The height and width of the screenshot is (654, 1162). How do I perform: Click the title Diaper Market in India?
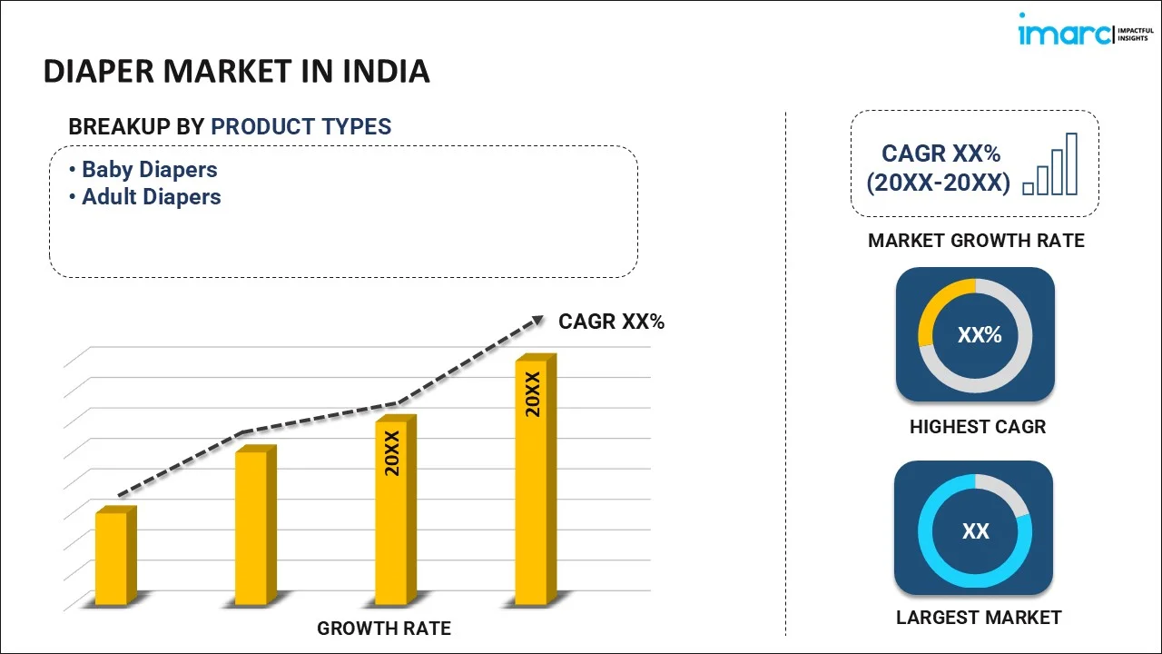tap(236, 71)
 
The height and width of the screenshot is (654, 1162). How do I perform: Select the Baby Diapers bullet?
tap(150, 169)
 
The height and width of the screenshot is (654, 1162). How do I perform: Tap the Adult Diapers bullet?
tap(152, 196)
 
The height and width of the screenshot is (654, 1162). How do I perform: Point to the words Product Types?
tap(300, 126)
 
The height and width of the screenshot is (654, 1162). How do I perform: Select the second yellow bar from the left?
tap(251, 527)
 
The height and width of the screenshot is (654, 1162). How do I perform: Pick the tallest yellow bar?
tap(532, 481)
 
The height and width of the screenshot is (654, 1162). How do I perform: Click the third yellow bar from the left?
tap(391, 511)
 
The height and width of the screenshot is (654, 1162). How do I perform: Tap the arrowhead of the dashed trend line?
tap(537, 319)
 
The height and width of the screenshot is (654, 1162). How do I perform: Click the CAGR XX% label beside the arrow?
tap(611, 321)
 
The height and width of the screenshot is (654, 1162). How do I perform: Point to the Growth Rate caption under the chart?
tap(383, 628)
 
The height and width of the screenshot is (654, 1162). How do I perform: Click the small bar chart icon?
tap(1050, 164)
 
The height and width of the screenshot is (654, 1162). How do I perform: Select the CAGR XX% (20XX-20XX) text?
tap(938, 168)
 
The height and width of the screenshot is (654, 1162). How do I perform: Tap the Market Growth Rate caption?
tap(976, 240)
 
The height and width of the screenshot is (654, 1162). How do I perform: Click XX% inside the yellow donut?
tap(979, 335)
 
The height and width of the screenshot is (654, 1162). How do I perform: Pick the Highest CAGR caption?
tap(977, 426)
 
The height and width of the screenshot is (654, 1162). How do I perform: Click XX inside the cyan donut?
tap(975, 530)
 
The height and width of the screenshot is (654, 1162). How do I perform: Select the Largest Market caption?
tap(978, 618)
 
